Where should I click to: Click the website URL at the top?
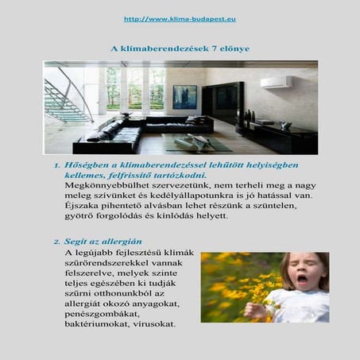click(x=180, y=18)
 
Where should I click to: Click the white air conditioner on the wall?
click(x=276, y=82)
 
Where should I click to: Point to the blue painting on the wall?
click(x=184, y=96)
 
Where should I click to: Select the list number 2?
click(x=57, y=241)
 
